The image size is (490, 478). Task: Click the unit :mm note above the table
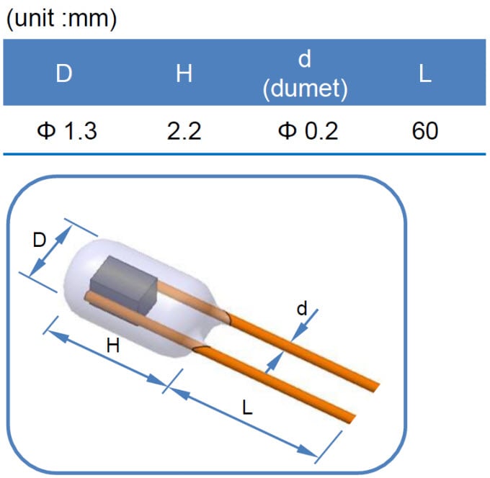(x=61, y=19)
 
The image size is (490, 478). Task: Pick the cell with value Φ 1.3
(x=66, y=132)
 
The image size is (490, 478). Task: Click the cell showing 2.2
(x=184, y=132)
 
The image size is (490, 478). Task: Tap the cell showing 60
(x=425, y=132)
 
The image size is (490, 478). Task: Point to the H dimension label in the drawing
(x=113, y=346)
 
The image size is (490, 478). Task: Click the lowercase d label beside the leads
(x=301, y=309)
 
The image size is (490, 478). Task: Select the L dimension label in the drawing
(x=247, y=407)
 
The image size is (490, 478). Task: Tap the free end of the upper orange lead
(x=375, y=386)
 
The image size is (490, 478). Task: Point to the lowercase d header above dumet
(x=305, y=60)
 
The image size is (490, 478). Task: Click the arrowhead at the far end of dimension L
(x=313, y=454)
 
